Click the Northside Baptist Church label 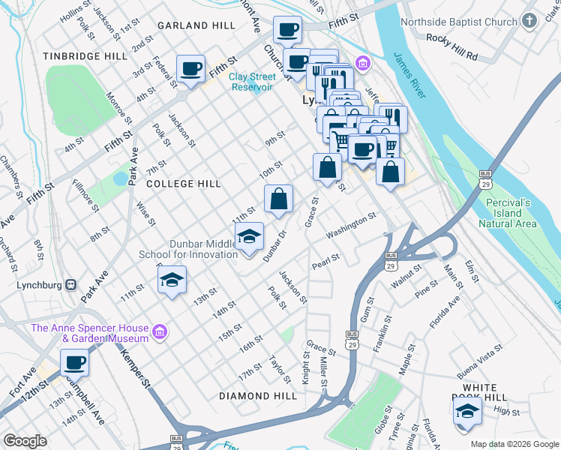click(459, 22)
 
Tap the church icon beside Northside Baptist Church click(530, 22)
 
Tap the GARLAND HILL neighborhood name click(196, 25)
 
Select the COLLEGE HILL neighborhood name click(184, 184)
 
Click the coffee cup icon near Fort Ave click(74, 364)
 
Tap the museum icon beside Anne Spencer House click(158, 331)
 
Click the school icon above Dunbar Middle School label click(249, 237)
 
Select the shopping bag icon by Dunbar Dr click(278, 199)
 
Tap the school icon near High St click(467, 411)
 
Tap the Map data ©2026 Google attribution click(514, 445)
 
